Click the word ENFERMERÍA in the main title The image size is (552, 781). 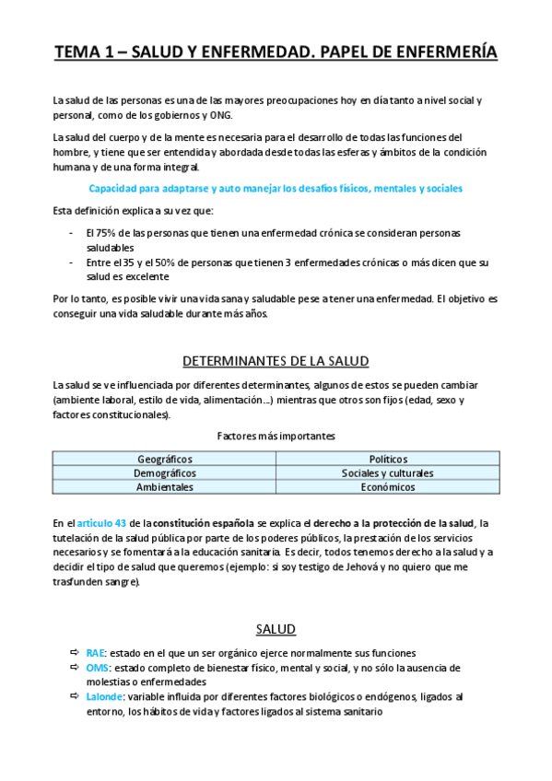point(437,53)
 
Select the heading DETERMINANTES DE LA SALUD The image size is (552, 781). point(276,360)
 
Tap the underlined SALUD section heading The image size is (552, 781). point(276,629)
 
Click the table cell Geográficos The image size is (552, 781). point(164,459)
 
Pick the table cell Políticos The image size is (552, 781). point(388,459)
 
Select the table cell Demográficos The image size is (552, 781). point(164,472)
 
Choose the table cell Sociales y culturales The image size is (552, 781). point(388,472)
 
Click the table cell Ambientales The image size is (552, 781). point(164,486)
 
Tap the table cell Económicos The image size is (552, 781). point(388,486)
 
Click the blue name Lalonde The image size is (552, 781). point(105,697)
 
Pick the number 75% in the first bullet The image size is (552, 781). point(104,233)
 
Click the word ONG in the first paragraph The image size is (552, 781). point(222,115)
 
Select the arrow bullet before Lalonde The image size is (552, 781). point(75,697)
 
